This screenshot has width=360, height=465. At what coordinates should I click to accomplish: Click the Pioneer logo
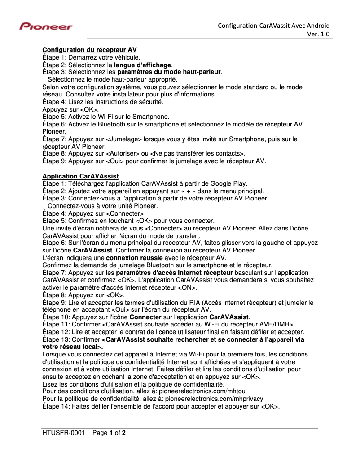45,27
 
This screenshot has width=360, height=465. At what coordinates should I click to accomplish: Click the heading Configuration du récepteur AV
89,50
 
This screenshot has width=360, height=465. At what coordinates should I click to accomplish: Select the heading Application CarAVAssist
80,176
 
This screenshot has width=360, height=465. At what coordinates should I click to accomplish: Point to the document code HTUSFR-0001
63,433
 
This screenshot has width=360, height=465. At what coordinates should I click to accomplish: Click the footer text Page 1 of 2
109,433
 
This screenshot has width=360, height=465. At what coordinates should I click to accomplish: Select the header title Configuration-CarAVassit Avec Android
274,26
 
